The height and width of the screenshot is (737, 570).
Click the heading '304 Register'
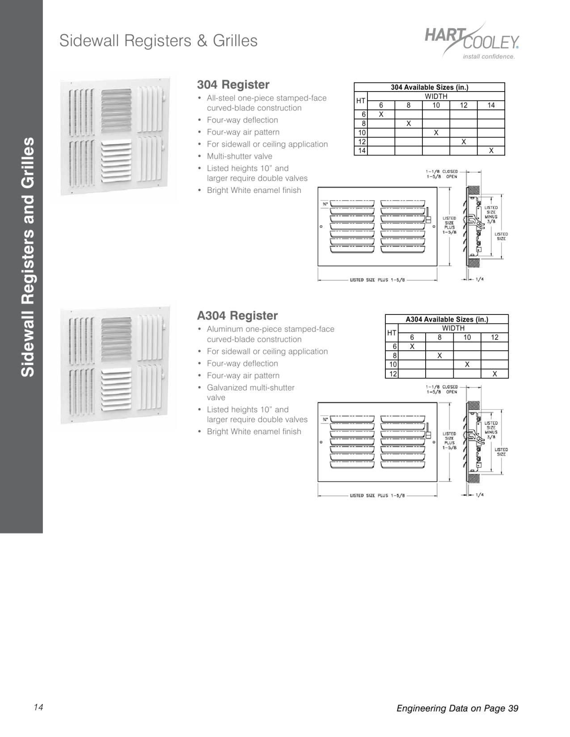click(x=233, y=84)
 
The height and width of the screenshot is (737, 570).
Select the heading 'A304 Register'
click(x=237, y=315)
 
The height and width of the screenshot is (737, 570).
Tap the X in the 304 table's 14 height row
click(x=491, y=151)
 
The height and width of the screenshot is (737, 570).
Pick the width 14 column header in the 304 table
click(x=491, y=105)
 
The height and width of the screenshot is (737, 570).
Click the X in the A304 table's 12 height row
click(x=494, y=374)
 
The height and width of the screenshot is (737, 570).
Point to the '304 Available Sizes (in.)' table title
click(x=429, y=87)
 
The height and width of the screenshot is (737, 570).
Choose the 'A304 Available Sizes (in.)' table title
click(x=447, y=319)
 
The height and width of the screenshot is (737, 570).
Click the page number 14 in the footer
click(x=38, y=707)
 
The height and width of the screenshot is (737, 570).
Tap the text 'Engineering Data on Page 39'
click(x=457, y=708)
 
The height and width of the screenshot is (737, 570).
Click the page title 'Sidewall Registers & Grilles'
click(x=158, y=41)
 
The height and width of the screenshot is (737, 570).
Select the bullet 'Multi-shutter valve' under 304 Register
click(x=239, y=156)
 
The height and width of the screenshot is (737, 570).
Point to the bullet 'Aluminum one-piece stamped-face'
click(x=270, y=329)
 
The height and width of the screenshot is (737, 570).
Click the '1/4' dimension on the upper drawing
click(x=479, y=280)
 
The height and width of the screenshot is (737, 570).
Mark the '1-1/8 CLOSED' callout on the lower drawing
click(x=441, y=387)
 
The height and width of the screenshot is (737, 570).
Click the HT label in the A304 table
click(x=392, y=333)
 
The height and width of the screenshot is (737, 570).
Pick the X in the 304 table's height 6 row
click(x=381, y=114)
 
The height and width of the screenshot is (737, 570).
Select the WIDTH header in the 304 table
click(x=436, y=96)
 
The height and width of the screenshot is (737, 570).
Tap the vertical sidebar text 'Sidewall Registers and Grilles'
click(x=28, y=257)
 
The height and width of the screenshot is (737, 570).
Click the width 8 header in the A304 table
click(x=439, y=338)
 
